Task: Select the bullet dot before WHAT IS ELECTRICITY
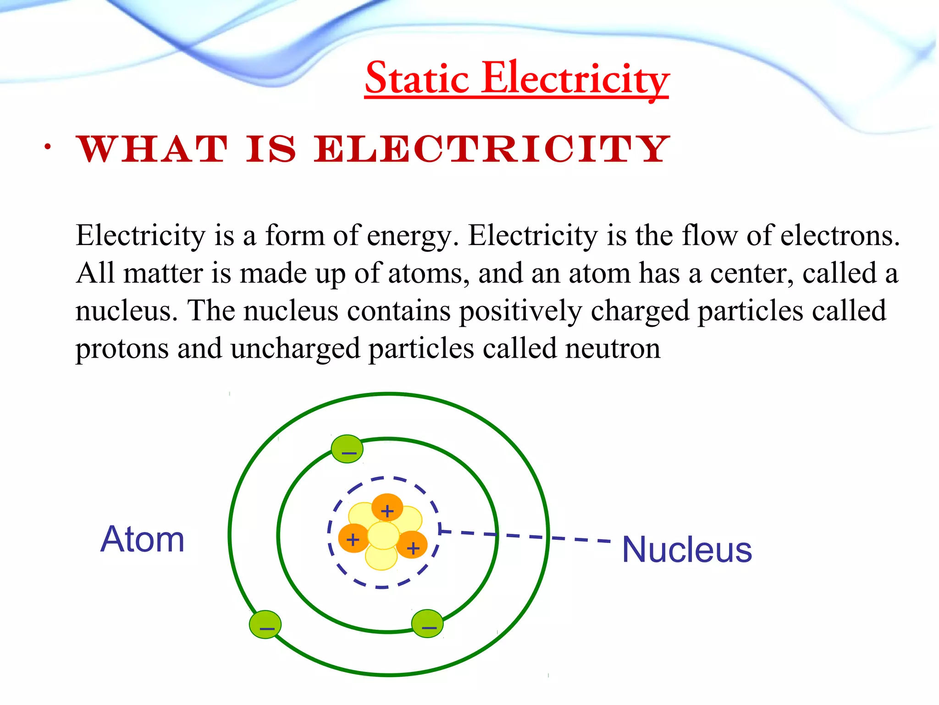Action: [47, 147]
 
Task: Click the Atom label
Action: [142, 539]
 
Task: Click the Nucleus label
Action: [686, 549]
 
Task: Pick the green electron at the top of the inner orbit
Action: [347, 449]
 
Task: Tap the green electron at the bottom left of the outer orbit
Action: [265, 624]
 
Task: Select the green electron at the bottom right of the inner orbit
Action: [427, 623]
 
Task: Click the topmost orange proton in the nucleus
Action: [387, 507]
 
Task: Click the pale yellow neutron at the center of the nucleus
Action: [383, 535]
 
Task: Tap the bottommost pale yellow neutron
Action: [381, 558]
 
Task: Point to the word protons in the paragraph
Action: [122, 349]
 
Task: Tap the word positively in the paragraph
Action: [520, 311]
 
